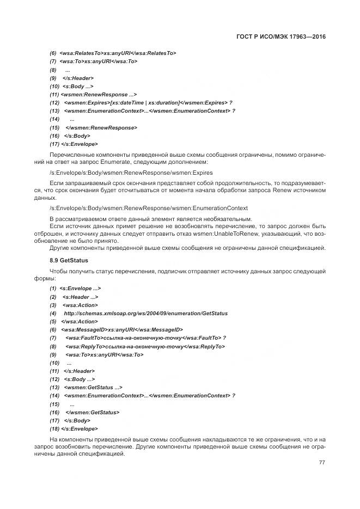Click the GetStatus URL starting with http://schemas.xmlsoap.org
(145, 313)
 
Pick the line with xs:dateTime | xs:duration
(148, 102)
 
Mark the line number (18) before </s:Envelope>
(54, 428)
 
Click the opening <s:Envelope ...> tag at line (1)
(80, 288)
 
